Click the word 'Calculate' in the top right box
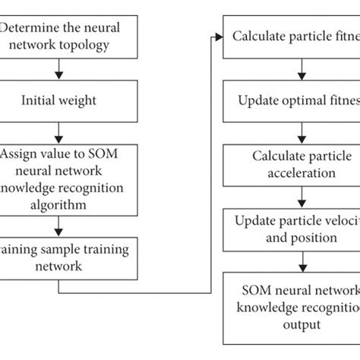[x=258, y=36]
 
